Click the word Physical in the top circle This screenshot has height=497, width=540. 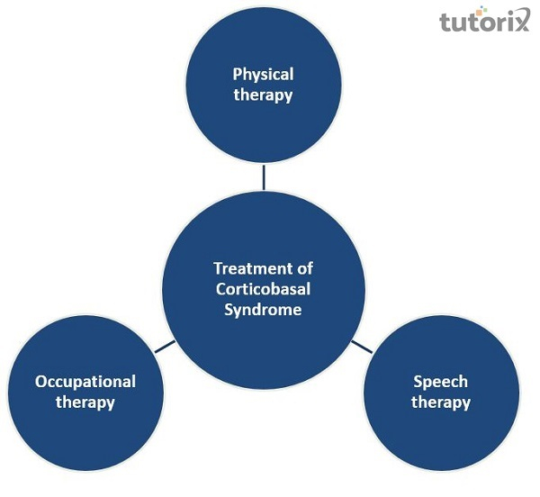point(263,74)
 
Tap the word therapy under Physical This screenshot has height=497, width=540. point(263,95)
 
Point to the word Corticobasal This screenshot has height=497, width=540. point(263,289)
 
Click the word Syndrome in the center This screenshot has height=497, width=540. point(263,310)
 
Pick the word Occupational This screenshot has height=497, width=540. point(85,382)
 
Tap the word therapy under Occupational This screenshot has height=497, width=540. point(85,402)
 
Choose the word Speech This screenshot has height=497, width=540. point(441,382)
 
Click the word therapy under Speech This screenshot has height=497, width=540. point(441,402)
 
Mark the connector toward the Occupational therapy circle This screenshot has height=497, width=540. point(164,346)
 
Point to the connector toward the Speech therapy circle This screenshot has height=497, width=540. point(361,346)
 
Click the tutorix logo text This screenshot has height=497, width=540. point(481,22)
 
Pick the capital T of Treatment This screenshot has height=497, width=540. point(217,268)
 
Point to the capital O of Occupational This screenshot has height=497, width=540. point(40,382)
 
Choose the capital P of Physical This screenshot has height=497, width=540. point(237,74)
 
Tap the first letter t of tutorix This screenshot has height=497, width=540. point(445,22)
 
